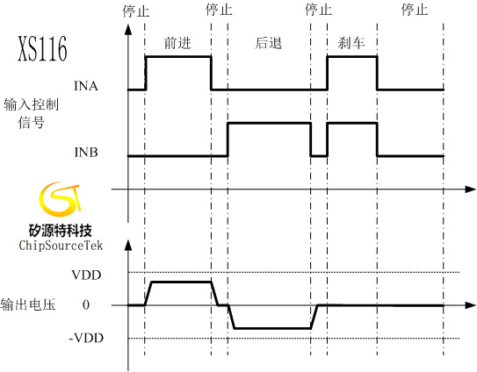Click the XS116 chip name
click(42, 48)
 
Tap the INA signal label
click(86, 86)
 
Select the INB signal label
click(86, 152)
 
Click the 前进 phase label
click(177, 43)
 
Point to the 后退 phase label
click(268, 43)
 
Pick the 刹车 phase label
click(351, 43)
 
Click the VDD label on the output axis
click(86, 275)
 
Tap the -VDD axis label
click(86, 338)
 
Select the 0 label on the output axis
click(86, 304)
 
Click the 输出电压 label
click(28, 304)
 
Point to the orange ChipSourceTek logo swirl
click(61, 199)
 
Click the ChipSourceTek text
click(61, 246)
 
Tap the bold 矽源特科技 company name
click(61, 231)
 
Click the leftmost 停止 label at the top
click(136, 11)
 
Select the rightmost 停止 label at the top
click(415, 10)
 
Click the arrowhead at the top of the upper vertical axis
click(128, 29)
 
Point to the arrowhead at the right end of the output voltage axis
click(471, 304)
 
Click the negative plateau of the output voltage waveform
click(272, 328)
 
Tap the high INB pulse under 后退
click(269, 123)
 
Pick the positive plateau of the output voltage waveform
click(181, 282)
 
